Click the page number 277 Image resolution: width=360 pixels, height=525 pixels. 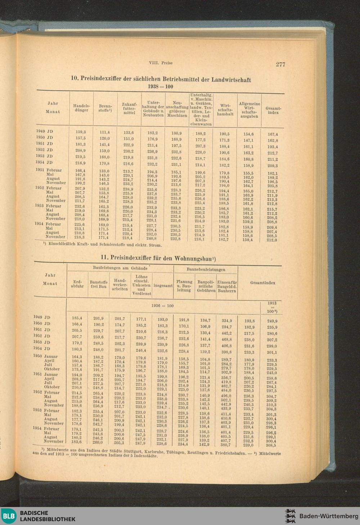click(280, 64)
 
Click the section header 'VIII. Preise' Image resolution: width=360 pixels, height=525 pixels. click(161, 63)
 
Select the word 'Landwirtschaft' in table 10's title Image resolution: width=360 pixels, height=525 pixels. click(231, 80)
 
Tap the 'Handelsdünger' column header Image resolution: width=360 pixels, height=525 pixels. click(81, 108)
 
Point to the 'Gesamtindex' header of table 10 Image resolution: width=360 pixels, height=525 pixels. click(273, 110)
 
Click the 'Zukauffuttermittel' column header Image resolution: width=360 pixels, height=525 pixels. click(129, 108)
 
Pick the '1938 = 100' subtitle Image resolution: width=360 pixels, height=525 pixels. click(161, 87)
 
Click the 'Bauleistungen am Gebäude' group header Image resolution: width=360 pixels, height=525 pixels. click(120, 268)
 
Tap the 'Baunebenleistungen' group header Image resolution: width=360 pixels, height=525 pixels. click(206, 269)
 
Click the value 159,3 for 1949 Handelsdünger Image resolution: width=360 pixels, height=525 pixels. click(80, 132)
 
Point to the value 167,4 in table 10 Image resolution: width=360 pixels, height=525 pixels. click(273, 134)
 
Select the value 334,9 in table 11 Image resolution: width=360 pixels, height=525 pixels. click(226, 320)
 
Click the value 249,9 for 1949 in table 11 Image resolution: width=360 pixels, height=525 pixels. click(272, 321)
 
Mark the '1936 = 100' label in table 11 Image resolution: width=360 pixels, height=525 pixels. click(162, 306)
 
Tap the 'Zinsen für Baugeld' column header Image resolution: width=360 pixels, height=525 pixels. click(227, 286)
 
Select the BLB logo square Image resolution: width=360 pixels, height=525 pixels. click(8, 516)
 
